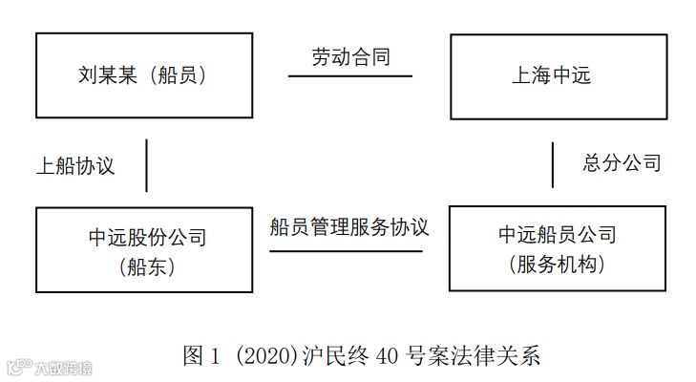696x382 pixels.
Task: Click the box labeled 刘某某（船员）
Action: pyautogui.click(x=142, y=75)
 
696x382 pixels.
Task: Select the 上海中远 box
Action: pyautogui.click(x=558, y=76)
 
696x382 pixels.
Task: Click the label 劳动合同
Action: pyautogui.click(x=350, y=57)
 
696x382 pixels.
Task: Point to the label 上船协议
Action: pyautogui.click(x=75, y=165)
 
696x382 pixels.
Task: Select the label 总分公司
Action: pyautogui.click(x=622, y=162)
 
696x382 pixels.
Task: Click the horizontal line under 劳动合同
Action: pyautogui.click(x=350, y=75)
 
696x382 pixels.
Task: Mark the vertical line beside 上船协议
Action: pyautogui.click(x=147, y=165)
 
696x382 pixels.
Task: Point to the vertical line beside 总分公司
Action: pyautogui.click(x=553, y=164)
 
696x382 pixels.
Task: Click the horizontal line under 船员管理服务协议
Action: pyautogui.click(x=346, y=251)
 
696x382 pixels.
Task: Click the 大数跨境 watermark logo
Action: pyautogui.click(x=50, y=368)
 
